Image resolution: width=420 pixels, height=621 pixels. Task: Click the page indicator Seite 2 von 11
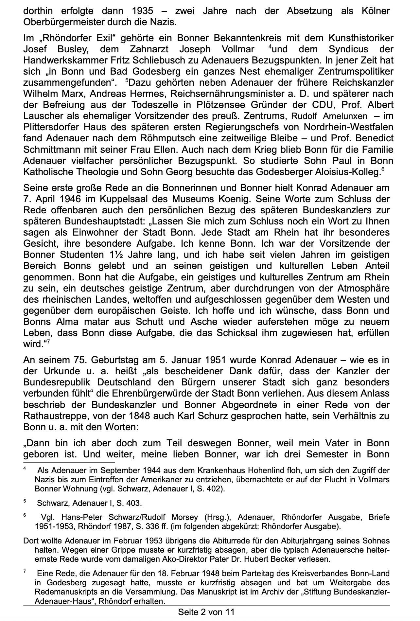pyautogui.click(x=206, y=612)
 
